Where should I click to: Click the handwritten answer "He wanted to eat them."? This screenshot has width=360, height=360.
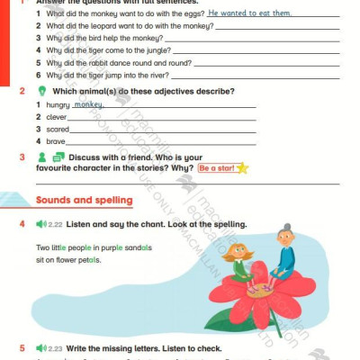249,13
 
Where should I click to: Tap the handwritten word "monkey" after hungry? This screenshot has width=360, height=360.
88,104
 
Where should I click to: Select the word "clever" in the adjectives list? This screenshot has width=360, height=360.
57,117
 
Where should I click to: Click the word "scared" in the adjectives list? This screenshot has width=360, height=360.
58,130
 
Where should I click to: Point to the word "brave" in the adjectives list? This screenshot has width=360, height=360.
56,141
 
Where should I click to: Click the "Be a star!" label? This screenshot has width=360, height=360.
216,168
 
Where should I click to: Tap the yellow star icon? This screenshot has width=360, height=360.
242,168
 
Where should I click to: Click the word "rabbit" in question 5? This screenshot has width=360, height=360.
99,63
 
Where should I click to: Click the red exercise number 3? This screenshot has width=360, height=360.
22,157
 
